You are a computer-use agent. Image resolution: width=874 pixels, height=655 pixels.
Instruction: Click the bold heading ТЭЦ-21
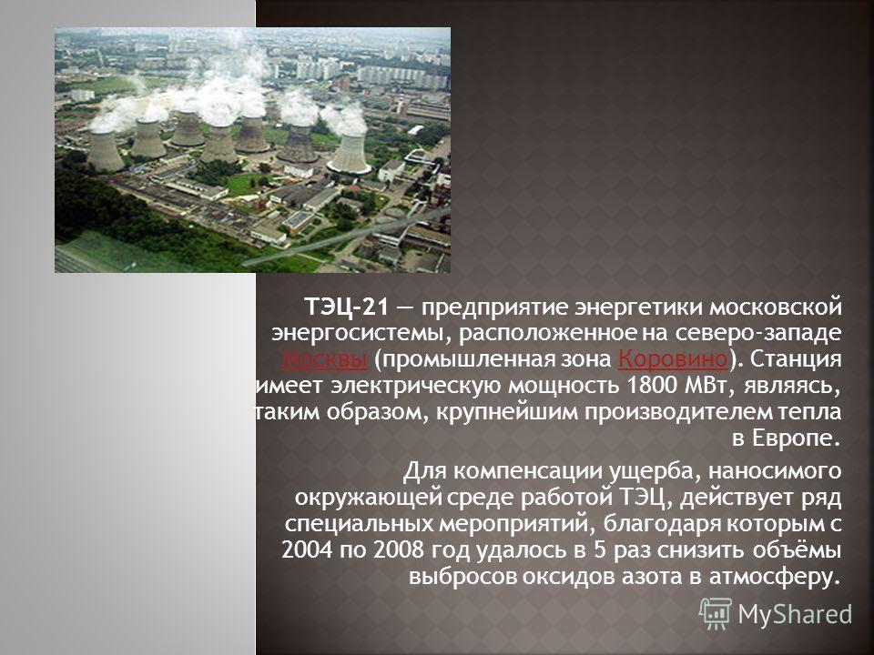click(x=345, y=307)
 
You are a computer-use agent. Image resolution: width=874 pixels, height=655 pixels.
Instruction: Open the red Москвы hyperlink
click(x=324, y=359)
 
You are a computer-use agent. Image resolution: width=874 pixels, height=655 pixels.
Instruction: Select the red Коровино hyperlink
click(x=673, y=359)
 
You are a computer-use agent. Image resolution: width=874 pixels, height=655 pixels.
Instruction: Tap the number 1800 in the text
click(x=651, y=386)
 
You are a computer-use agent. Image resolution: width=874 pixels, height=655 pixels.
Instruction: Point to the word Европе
click(x=786, y=438)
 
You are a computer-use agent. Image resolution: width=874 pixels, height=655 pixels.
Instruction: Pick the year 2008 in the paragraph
click(x=399, y=550)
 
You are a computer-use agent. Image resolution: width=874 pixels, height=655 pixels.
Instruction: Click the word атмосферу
click(x=774, y=577)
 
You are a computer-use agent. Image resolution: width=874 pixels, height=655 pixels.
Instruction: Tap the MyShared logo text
click(x=795, y=614)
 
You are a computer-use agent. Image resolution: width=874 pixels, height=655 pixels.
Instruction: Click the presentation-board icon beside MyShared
click(x=716, y=614)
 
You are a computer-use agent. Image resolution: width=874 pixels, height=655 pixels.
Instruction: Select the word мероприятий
click(x=517, y=525)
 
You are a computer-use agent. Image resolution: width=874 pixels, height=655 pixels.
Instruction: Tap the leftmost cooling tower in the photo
click(x=105, y=151)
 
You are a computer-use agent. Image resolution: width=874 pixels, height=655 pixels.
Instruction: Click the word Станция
click(x=796, y=359)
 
